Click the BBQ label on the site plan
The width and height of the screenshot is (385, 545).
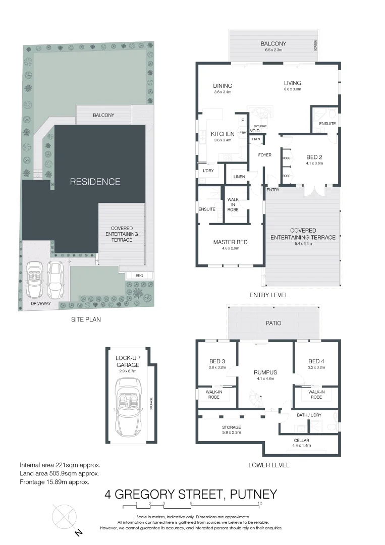[139, 276]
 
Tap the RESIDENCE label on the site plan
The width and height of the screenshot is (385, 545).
[95, 182]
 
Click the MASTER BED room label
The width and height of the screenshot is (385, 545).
[230, 243]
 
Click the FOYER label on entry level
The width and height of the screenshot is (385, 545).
[265, 155]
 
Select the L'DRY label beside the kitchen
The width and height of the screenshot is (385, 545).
[208, 172]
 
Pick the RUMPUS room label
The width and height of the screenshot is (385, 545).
[265, 372]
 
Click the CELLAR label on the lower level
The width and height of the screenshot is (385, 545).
[302, 440]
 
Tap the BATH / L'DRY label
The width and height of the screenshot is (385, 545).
[309, 415]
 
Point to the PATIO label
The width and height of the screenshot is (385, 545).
[273, 323]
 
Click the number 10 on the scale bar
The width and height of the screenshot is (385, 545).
[260, 503]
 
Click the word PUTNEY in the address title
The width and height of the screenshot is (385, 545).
[253, 494]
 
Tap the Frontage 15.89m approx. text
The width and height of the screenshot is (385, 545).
[54, 482]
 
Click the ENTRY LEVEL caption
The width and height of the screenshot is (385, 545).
[269, 295]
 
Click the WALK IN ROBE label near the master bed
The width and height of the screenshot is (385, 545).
[233, 204]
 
